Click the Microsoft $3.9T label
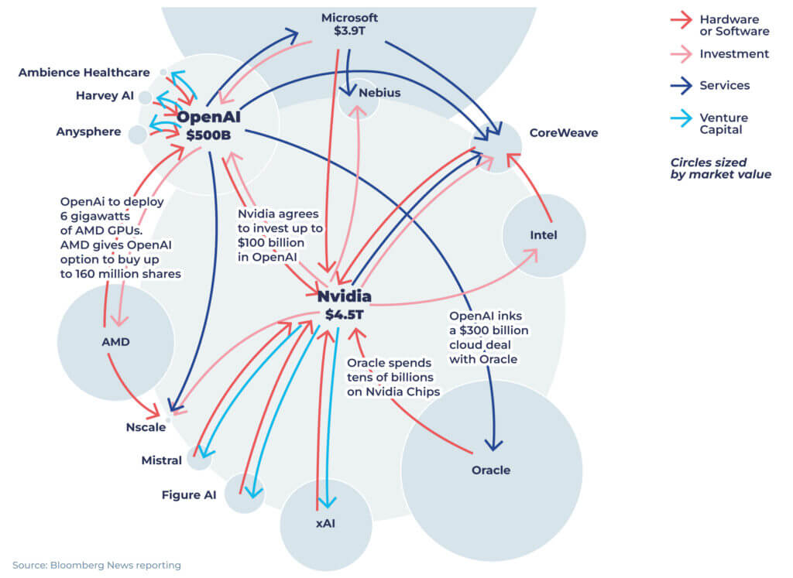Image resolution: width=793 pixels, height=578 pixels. pos(349,25)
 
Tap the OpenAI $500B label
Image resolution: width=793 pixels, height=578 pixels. pos(208,125)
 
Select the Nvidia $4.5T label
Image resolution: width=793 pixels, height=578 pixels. pos(345,304)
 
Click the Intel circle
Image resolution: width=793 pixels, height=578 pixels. pos(544,235)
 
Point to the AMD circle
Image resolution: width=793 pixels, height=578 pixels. pos(115,342)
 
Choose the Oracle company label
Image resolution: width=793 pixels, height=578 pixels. pos(491,470)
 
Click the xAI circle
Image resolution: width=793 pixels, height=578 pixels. pos(325,524)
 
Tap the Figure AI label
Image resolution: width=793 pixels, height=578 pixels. pos(188,494)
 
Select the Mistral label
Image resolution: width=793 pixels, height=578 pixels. pos(161,460)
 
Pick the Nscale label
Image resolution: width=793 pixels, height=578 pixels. pos(145,427)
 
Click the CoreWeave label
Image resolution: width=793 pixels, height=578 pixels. pos(563,132)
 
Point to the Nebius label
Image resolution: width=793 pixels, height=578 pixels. pos(379,93)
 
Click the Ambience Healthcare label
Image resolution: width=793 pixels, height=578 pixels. pos(84,72)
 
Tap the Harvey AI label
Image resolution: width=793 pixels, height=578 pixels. pos(105,96)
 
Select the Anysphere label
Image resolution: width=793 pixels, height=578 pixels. pos(88,132)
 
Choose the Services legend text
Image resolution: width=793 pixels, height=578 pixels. pos(724,85)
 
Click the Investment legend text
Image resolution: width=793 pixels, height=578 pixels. pos(733,54)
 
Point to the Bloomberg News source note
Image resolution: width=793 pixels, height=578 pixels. pos(97,565)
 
